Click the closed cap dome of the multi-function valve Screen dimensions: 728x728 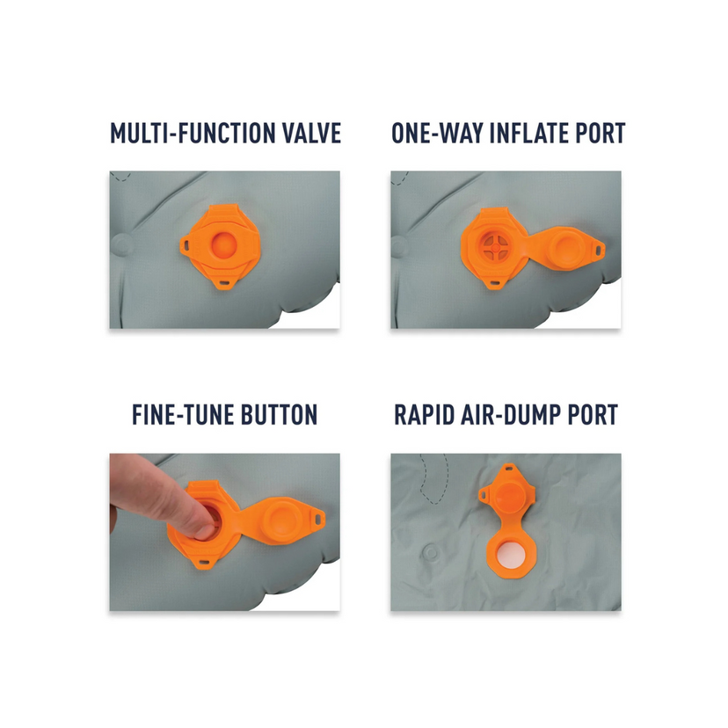[x=224, y=244]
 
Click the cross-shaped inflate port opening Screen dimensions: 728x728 [x=495, y=247]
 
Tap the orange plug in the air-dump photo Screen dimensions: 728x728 [x=508, y=495]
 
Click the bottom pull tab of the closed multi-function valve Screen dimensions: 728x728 [x=224, y=281]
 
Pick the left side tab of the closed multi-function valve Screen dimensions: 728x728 [x=186, y=244]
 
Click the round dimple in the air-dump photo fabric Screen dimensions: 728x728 [x=431, y=553]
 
